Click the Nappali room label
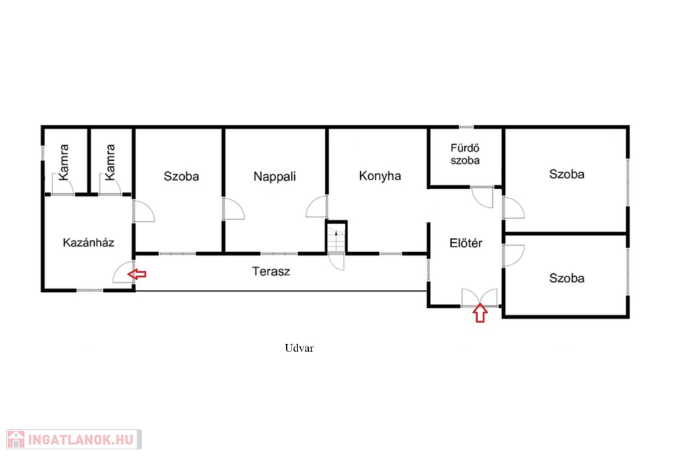point(274,177)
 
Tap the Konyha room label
point(380,176)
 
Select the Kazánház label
point(89,242)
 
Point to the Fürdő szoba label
point(465,154)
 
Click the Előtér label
point(466,243)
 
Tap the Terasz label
point(271,271)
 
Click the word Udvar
point(299,348)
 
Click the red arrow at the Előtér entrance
point(480,313)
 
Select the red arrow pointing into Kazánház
point(137,274)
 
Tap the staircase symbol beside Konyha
point(337,238)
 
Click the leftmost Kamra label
point(64,162)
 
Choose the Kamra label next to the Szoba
point(110,162)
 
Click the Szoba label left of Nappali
point(181,177)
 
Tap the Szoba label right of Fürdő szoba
point(567,174)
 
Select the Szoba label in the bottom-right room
point(567,278)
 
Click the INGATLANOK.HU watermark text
point(81,439)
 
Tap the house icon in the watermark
point(16,439)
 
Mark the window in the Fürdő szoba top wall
point(466,127)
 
